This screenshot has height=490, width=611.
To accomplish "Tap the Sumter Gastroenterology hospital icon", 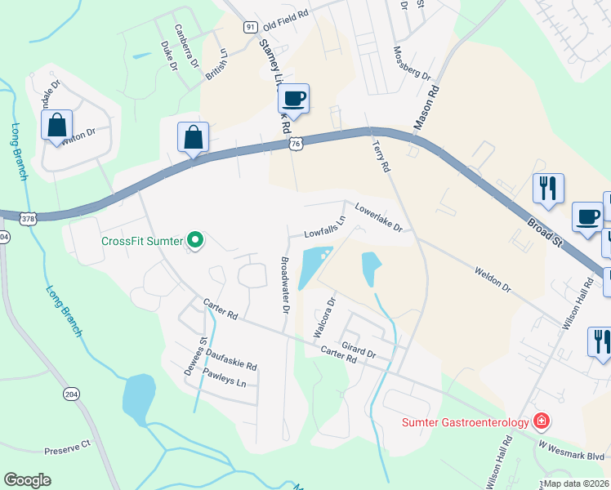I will (x=540, y=421).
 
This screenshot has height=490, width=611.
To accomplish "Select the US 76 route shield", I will (x=296, y=144).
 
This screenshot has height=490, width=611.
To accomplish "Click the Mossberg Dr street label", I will (x=413, y=64).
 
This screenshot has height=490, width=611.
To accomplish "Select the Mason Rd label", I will (x=427, y=109).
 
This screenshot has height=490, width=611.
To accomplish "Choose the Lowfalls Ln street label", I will (x=325, y=228).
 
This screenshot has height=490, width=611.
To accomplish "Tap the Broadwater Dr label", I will (x=285, y=286).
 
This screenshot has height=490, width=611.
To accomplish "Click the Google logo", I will (x=27, y=479).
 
